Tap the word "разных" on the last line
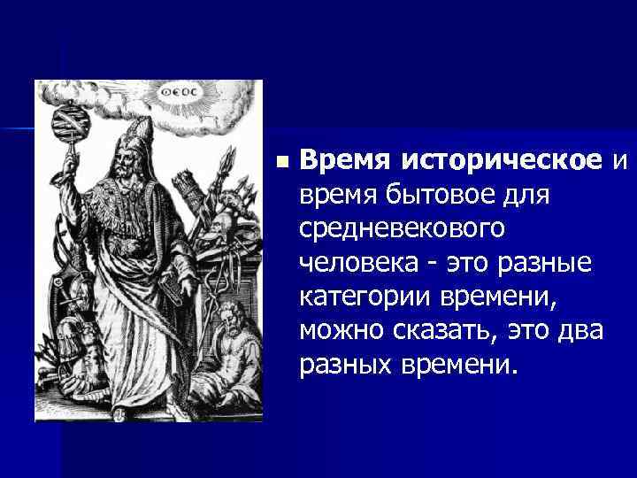coord(349,364)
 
